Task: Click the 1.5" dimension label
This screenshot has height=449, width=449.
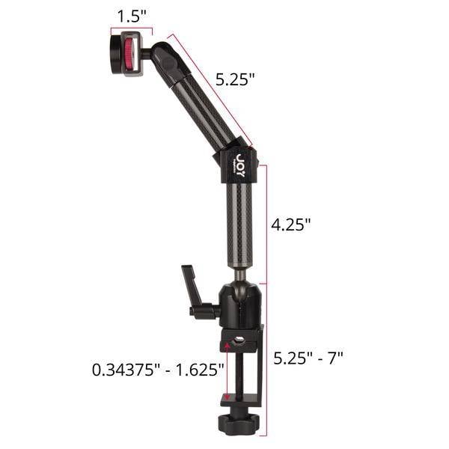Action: click(x=132, y=16)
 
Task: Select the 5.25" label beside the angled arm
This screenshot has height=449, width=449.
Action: click(x=235, y=79)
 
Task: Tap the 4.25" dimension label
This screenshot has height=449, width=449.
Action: click(x=290, y=224)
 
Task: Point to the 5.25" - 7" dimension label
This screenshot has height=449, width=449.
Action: click(x=308, y=358)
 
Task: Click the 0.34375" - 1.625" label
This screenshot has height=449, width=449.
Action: click(x=158, y=370)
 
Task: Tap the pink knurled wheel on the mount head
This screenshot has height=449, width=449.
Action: click(x=129, y=55)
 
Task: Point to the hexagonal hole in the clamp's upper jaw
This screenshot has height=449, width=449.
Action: click(x=239, y=340)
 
